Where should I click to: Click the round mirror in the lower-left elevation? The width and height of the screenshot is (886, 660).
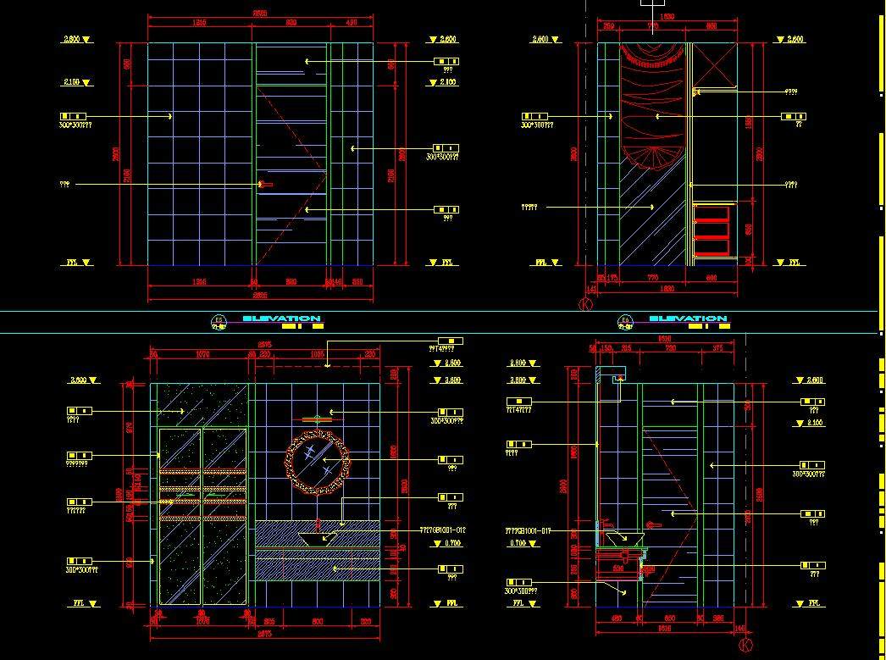click(317, 462)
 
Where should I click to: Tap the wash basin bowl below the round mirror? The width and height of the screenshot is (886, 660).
click(317, 536)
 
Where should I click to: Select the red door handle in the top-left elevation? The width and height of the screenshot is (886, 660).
click(265, 184)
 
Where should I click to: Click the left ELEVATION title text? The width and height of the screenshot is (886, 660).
click(281, 319)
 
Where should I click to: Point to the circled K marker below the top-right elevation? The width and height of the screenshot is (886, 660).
click(584, 303)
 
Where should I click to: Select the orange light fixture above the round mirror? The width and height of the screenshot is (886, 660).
click(316, 418)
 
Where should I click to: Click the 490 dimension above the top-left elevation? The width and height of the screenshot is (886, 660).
click(352, 23)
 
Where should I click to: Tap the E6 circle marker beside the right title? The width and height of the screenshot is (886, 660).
click(625, 320)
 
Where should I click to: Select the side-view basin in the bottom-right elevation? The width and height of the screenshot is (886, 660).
click(628, 536)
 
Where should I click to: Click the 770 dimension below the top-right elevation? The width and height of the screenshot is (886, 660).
click(652, 277)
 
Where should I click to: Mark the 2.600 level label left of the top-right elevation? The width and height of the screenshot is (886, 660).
click(540, 39)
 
